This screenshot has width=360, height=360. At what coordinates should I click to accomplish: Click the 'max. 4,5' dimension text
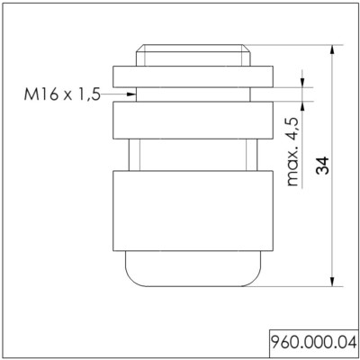pyautogui.click(x=291, y=154)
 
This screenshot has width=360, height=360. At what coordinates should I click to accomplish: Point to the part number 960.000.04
pyautogui.click(x=314, y=345)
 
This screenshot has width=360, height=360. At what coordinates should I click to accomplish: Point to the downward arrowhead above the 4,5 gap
pyautogui.click(x=303, y=83)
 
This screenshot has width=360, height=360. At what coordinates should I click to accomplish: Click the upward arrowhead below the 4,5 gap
pyautogui.click(x=303, y=104)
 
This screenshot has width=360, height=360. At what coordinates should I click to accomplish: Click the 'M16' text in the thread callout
pyautogui.click(x=42, y=93)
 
